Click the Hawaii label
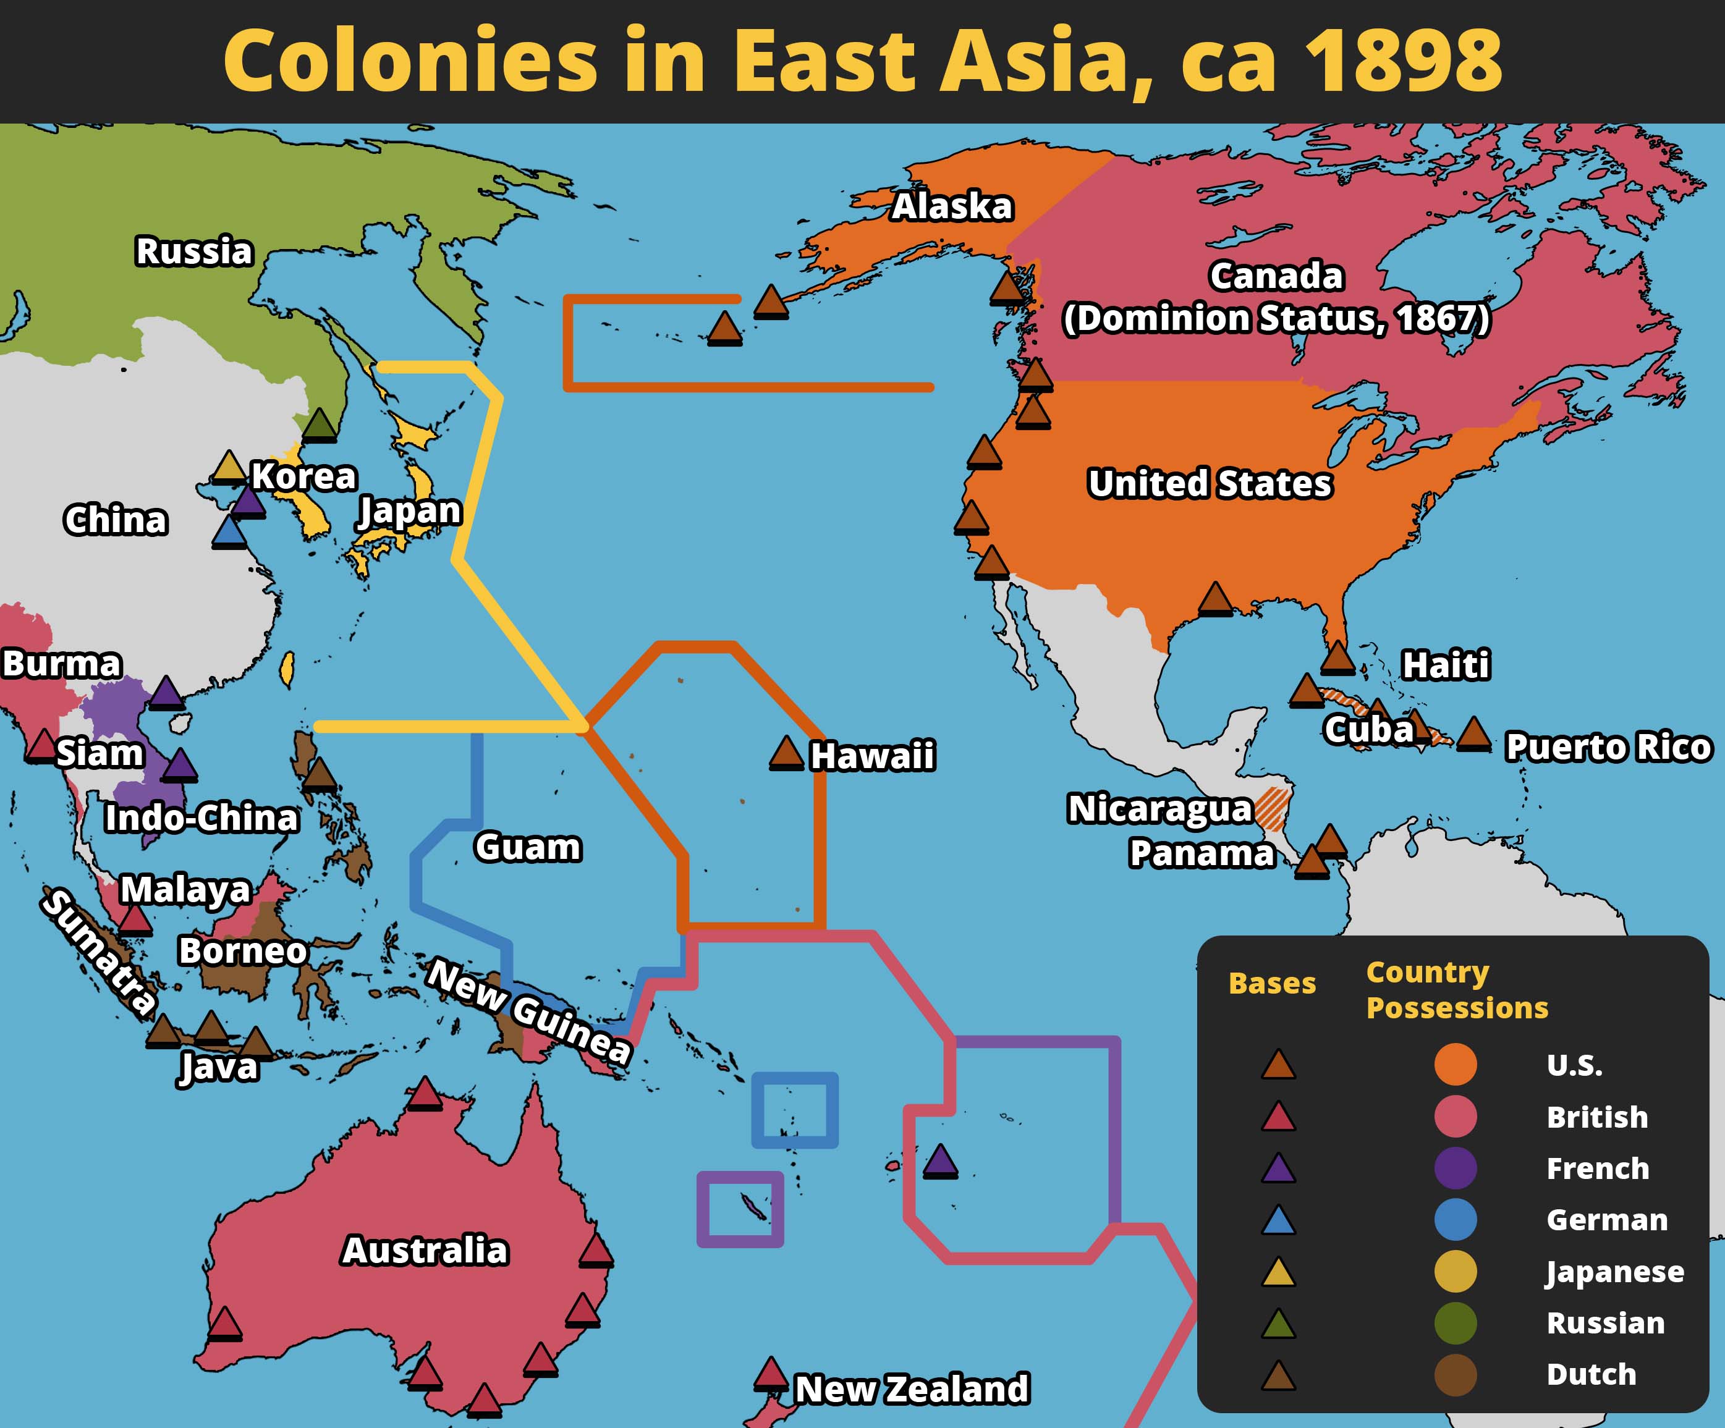(x=871, y=756)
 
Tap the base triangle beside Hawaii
(x=786, y=753)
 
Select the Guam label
(x=527, y=847)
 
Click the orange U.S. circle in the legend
(x=1455, y=1064)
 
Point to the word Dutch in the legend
(x=1591, y=1374)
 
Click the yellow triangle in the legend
(x=1278, y=1273)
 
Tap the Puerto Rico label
(x=1608, y=746)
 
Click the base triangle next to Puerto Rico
(x=1473, y=733)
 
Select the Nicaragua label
(x=1159, y=809)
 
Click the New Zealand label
(x=912, y=1388)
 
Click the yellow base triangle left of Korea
(x=229, y=467)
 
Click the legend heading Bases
(x=1271, y=983)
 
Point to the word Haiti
(x=1445, y=664)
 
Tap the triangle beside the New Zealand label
(x=771, y=1373)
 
